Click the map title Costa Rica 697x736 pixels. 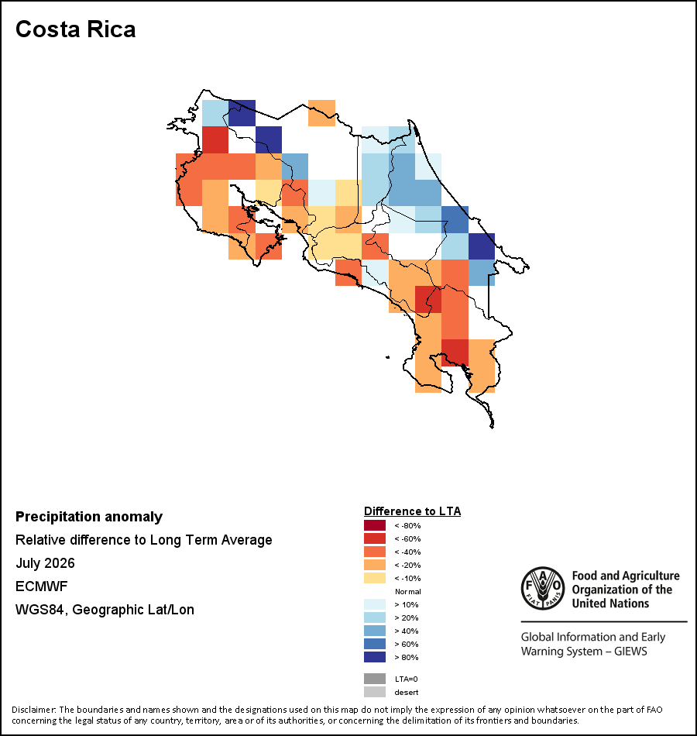tap(76, 29)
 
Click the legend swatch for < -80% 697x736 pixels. tap(375, 525)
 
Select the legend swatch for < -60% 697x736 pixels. tap(375, 538)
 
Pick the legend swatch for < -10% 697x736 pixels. tap(375, 578)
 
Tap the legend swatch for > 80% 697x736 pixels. tap(375, 657)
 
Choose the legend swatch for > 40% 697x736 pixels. tap(375, 631)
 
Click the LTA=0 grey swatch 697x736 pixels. tap(375, 679)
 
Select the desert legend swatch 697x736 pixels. tap(375, 692)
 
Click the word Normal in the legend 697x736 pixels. tap(408, 591)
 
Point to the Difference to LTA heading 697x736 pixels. tap(412, 511)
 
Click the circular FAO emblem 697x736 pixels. tap(543, 588)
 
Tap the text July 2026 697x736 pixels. tap(45, 562)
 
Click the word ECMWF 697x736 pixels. tap(41, 586)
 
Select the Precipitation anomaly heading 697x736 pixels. tap(89, 516)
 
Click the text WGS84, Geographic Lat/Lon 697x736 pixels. tap(105, 610)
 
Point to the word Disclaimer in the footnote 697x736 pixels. tap(33, 710)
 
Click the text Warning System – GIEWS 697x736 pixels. tap(584, 652)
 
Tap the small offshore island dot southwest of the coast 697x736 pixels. tap(388, 357)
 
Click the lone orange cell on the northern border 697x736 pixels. tap(321, 113)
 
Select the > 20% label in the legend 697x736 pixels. tap(407, 617)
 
